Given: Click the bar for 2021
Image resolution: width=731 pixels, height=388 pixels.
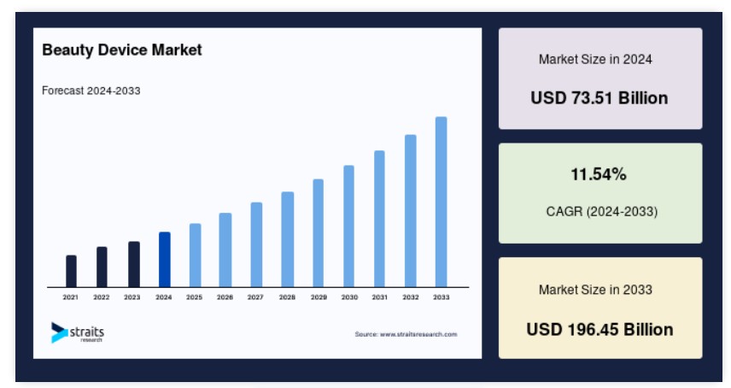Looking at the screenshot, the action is point(71,271).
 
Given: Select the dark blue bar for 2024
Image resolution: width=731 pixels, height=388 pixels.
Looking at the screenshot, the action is point(165,259).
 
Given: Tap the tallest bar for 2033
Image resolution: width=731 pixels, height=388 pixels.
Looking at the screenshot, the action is point(441,202).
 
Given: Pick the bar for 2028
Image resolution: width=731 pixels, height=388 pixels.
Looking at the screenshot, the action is point(288,239).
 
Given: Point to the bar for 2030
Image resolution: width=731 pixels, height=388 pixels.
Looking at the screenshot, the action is point(348,226).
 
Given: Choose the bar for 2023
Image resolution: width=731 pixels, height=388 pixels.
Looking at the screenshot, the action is point(134,264).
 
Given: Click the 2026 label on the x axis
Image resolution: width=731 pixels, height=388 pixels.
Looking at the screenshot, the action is point(225,297).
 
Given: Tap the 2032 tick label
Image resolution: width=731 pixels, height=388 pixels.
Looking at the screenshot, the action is point(411,297).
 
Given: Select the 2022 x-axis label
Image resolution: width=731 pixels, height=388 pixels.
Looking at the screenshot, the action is point(101,297).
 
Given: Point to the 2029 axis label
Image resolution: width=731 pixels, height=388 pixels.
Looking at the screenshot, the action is point(319,297).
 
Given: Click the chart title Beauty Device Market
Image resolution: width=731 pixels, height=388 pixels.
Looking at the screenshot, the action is point(122,50).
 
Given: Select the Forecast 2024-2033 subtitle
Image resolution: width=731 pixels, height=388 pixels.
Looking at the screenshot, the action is point(91,91).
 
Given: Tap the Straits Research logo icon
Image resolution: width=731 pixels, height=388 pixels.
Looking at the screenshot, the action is point(59,332).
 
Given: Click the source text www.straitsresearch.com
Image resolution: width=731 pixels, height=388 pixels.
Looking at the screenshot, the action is point(418,334).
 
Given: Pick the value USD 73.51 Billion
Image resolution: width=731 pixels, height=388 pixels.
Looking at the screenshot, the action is point(599,98).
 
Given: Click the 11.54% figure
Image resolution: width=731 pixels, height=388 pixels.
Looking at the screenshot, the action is point(599,174).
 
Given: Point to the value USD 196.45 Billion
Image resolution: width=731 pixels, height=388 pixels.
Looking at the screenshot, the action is point(600,330).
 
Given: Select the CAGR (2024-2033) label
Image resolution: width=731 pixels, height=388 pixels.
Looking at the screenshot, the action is point(602,212).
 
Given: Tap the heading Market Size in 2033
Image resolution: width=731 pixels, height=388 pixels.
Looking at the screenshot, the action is point(595,290).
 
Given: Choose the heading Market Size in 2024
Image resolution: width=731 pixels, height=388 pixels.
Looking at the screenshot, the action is point(595,59).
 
